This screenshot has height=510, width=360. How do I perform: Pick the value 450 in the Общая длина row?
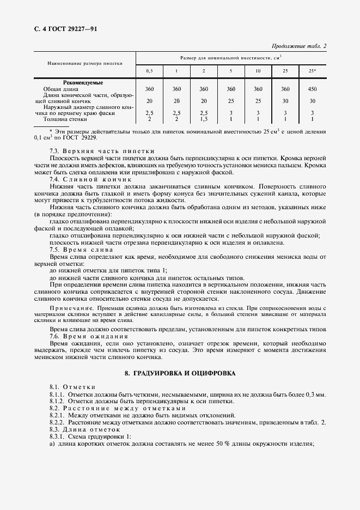313,88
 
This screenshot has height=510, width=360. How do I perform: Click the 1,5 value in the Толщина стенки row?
204,118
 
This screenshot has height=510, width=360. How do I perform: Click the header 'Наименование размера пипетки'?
85,63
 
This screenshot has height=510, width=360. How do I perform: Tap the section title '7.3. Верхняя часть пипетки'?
102,150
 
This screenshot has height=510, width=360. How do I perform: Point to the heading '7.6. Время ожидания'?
93,337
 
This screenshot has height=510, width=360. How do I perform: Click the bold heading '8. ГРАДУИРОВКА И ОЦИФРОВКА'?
180,373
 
